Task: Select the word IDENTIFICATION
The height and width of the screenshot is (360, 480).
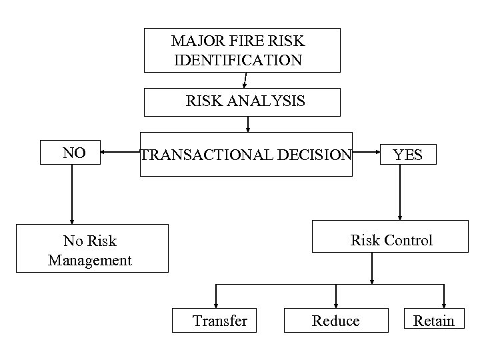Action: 238,60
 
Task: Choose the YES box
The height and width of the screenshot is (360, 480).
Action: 407,155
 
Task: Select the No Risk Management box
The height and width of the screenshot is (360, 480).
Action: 92,249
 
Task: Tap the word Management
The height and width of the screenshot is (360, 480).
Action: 90,259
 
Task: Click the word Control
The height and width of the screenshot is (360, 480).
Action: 410,240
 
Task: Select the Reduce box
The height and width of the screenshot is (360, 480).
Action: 336,320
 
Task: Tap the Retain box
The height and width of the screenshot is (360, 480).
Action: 433,320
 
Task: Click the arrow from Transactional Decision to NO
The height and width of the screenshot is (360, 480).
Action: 120,153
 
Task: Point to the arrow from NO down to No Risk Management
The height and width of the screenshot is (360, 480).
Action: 71,193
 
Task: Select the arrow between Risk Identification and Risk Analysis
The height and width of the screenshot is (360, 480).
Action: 245,80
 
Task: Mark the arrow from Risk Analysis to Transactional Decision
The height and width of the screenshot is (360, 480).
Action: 248,125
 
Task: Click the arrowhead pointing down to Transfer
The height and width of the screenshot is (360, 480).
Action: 216,303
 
